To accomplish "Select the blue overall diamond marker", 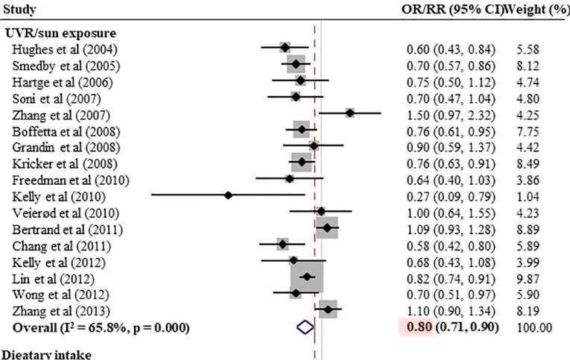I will pos(304,326).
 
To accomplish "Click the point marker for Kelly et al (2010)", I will pos(229,196).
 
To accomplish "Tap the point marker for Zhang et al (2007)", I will pos(349,113).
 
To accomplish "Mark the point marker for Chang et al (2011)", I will pos(282,244).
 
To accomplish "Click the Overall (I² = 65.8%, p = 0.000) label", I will pos(101,327).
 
